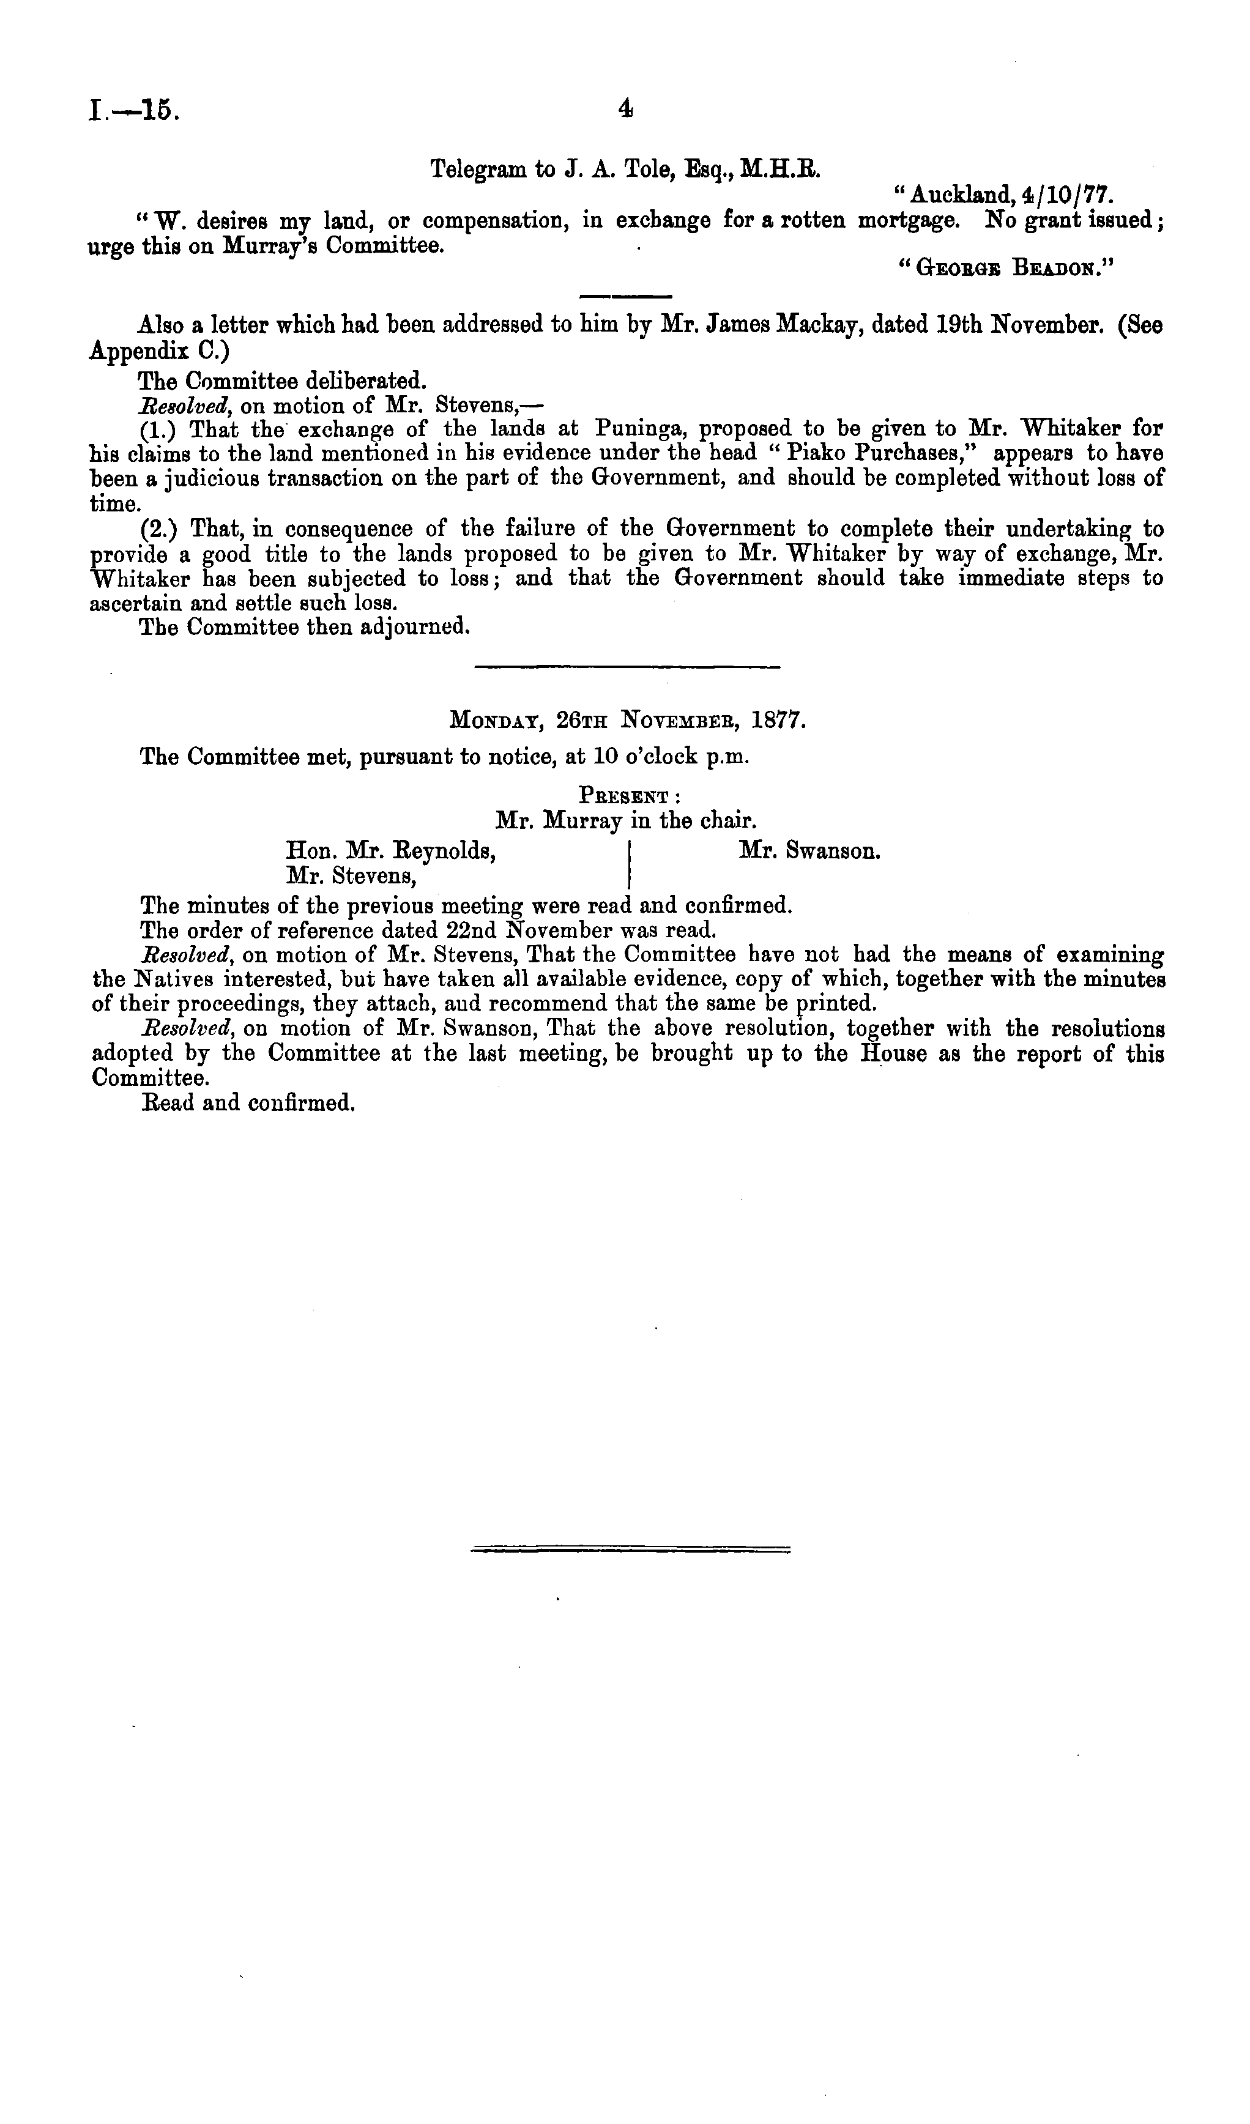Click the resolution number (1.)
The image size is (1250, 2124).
point(158,429)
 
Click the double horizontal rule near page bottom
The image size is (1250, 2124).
point(630,1548)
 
